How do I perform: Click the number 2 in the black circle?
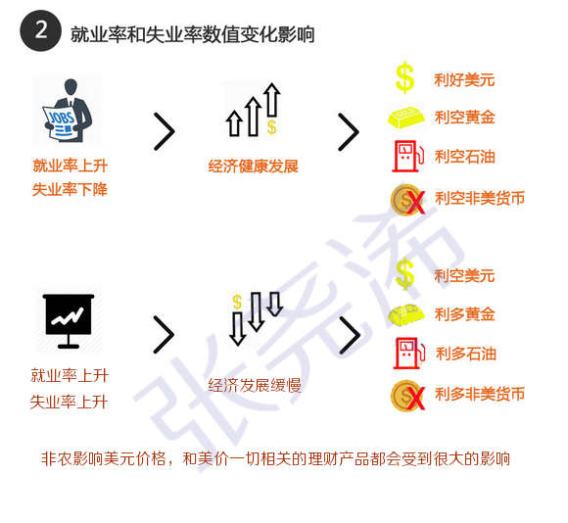coord(41,30)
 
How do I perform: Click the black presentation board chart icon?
coord(69,321)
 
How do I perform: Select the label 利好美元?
coord(464,79)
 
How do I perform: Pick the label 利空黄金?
coord(465,118)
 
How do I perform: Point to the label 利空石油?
coord(465,157)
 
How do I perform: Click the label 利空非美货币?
coord(480,198)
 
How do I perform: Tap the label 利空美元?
coord(464,275)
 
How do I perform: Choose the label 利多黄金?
coord(465,314)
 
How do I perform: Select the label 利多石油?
coord(466,354)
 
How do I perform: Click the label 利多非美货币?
coord(480,394)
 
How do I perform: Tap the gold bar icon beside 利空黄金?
coord(406,118)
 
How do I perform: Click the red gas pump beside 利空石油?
coord(408,156)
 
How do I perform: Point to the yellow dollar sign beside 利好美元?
coord(404,77)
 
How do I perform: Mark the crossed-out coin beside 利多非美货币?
coord(407,396)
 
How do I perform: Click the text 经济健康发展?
coord(253,166)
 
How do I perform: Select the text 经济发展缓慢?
coord(255,385)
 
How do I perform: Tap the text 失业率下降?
coord(70,189)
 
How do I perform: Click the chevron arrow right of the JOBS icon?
coord(165,131)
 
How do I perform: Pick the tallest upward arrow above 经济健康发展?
coord(271,100)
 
